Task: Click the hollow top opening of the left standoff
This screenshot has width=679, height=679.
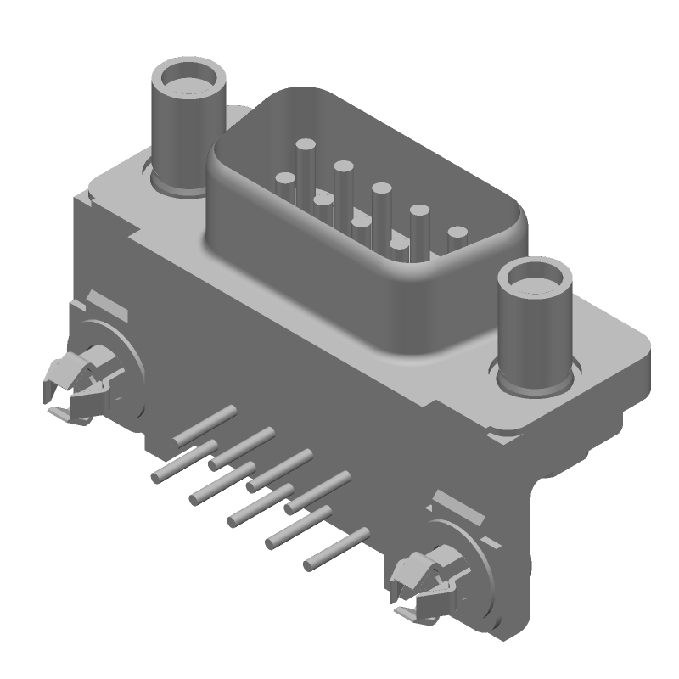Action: (188, 82)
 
